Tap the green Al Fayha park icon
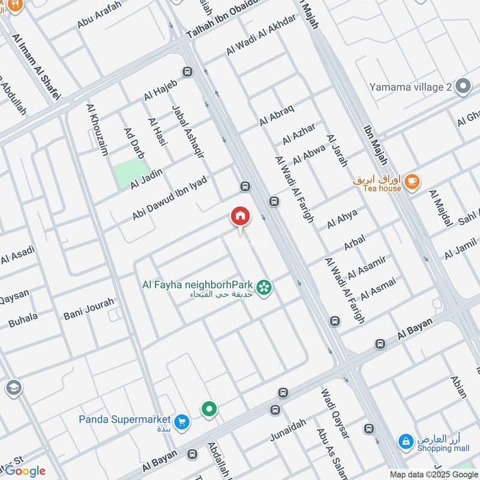click(263, 288)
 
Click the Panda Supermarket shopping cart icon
click(182, 422)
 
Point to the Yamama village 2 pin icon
click(462, 87)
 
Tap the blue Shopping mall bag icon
click(406, 442)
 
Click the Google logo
click(25, 471)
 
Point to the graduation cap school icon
click(12, 388)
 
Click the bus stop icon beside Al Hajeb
click(188, 72)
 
